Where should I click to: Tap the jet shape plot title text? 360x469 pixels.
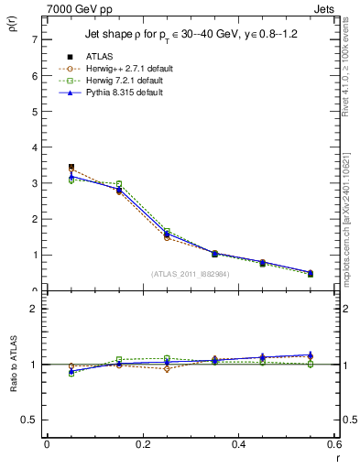(x=193, y=34)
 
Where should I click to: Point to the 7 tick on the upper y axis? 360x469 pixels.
(x=34, y=39)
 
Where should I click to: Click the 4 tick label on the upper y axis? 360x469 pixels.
(x=34, y=147)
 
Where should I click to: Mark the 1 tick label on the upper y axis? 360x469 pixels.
(x=34, y=255)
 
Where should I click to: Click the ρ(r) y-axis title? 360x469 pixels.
(x=11, y=27)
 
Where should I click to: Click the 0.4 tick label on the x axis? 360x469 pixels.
(x=238, y=444)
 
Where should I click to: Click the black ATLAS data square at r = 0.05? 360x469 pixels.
(x=71, y=168)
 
